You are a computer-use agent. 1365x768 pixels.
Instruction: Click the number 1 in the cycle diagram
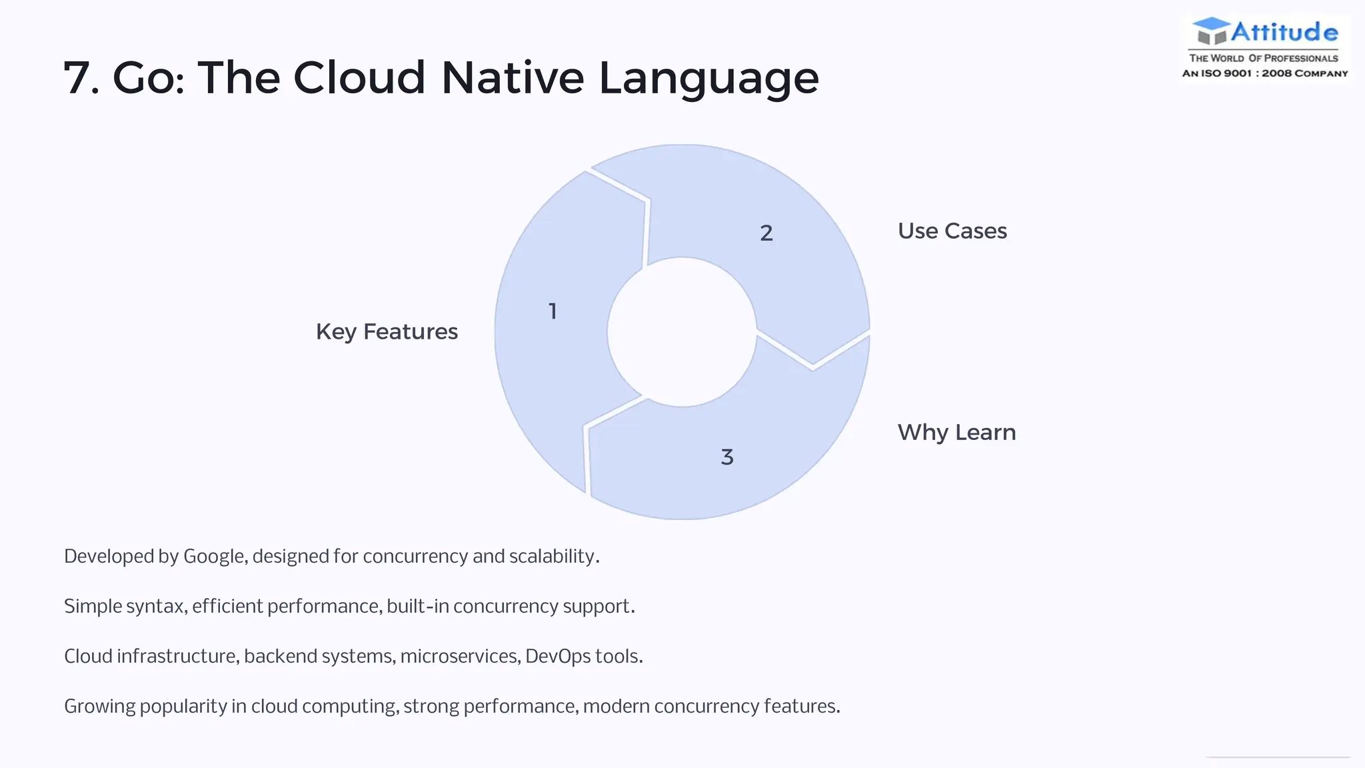553,311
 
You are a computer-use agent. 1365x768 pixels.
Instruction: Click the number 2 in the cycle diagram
766,233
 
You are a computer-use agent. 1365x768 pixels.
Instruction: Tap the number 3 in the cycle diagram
727,457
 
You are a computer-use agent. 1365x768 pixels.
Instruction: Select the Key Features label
387,332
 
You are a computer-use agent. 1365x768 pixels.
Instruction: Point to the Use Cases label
952,231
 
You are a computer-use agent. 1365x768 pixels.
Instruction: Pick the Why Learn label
956,433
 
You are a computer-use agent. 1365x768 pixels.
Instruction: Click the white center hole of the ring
682,332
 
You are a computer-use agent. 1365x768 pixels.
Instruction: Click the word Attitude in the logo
1284,32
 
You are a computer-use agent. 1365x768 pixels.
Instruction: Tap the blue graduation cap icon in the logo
1210,30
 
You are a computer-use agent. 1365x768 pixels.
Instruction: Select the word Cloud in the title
359,78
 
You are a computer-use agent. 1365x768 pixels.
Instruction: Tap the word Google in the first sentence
213,557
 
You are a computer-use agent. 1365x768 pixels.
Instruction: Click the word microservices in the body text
459,657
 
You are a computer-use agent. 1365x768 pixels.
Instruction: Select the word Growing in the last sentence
99,707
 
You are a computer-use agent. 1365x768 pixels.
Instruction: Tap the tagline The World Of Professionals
1264,58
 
